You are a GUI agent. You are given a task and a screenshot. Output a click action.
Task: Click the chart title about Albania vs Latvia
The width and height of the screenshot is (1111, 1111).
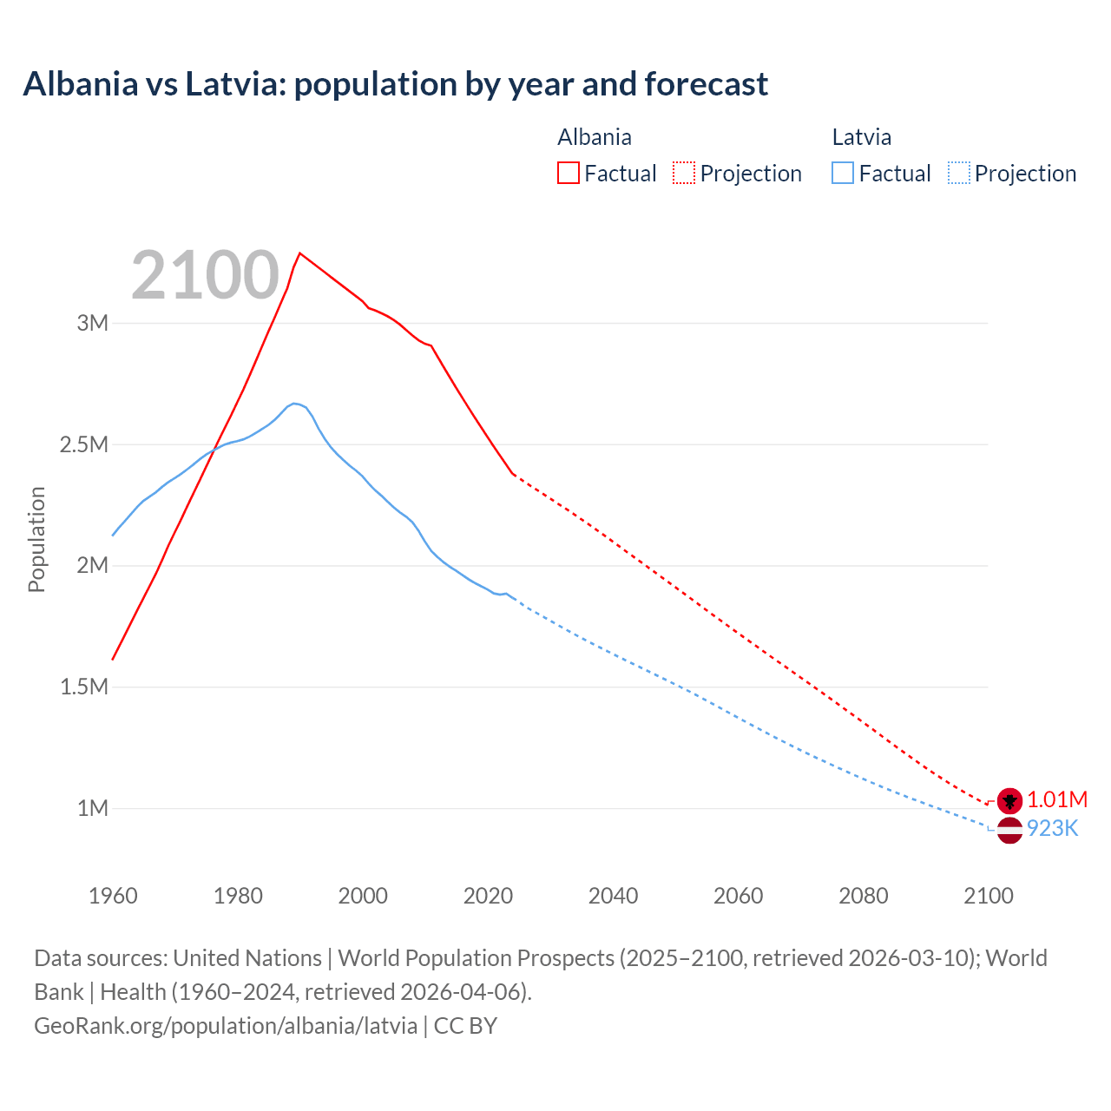pos(395,84)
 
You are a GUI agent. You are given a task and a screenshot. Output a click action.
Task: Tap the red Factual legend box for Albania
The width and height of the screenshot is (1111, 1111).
pos(568,173)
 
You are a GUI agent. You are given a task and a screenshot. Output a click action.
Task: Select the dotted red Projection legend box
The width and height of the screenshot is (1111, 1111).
pos(684,173)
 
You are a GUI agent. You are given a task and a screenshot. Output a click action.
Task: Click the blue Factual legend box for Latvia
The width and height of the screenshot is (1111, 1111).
pos(842,173)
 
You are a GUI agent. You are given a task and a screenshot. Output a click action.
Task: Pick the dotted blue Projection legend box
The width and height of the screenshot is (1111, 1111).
pos(958,173)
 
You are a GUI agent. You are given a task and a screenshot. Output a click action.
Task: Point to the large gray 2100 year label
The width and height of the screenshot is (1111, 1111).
pos(205,275)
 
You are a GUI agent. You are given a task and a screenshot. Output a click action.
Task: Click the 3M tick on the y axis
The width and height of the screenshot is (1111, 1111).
pos(93,323)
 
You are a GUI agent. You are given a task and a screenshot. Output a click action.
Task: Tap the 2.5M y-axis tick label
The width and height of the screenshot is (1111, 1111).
pos(84,444)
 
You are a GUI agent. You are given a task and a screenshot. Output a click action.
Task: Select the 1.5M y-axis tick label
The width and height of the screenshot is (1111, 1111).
pos(84,687)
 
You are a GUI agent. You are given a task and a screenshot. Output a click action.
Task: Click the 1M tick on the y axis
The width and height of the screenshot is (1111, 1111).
pos(93,808)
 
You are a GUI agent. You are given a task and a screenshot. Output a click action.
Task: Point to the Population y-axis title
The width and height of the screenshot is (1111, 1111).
pos(36,539)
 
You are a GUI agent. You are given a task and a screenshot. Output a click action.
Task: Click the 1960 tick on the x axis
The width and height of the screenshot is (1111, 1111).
pos(113,896)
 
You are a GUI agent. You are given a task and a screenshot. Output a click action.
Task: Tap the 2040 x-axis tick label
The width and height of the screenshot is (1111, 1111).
pos(613,896)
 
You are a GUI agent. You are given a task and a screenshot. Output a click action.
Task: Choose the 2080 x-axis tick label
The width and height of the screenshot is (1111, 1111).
pos(863,896)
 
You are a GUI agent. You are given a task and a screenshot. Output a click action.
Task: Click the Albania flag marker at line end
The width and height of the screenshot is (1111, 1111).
pos(1009,800)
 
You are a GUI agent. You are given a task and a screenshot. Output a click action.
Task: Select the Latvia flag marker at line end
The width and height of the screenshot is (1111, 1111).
pos(1009,830)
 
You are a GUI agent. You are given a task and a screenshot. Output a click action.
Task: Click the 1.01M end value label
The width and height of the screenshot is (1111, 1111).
pos(1057,799)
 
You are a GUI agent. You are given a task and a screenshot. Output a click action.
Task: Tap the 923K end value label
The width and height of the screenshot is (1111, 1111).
pos(1052,829)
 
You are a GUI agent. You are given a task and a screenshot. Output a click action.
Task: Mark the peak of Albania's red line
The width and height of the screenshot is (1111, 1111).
pos(299,253)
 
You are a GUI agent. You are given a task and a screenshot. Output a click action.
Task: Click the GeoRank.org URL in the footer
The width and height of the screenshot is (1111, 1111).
pos(226,1025)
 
